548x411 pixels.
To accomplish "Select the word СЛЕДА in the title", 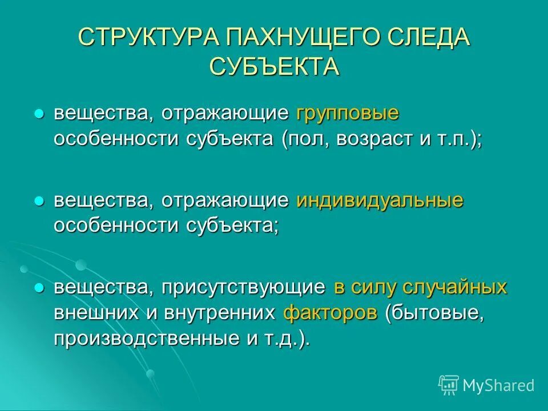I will pos(428,38).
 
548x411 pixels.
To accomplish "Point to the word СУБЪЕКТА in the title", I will pos(274,66).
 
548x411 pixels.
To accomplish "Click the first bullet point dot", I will pos(39,114).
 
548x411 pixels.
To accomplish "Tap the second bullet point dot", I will pos(39,202).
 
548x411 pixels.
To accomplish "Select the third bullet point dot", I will pos(39,288).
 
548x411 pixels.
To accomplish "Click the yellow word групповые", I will pos(346,114).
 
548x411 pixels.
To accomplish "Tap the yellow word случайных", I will pos(455,287).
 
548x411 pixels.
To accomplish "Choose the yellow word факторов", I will pos(331,313).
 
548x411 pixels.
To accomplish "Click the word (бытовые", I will pos(434,313).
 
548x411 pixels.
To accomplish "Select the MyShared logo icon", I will pos(448,385).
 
